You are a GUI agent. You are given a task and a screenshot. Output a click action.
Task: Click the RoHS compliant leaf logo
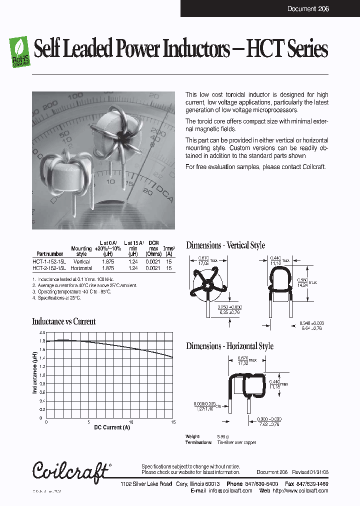point(20,51)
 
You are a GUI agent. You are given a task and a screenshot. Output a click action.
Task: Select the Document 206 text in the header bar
point(308,9)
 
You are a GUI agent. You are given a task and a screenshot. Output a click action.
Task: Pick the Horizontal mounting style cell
point(81,268)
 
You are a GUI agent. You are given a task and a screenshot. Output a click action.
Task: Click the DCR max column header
point(153,248)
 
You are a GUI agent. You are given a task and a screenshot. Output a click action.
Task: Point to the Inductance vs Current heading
point(63,321)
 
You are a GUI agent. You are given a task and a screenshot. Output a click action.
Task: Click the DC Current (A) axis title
point(112,427)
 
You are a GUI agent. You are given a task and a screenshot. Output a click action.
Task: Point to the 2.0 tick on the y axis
point(42,332)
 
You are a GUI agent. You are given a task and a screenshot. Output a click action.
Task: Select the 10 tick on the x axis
point(131,422)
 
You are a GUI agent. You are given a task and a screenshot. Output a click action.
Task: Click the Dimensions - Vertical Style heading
point(225,245)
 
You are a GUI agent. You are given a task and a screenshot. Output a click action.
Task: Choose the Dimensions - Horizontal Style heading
point(229,346)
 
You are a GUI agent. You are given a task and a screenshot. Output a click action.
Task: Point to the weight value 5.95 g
point(223,436)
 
